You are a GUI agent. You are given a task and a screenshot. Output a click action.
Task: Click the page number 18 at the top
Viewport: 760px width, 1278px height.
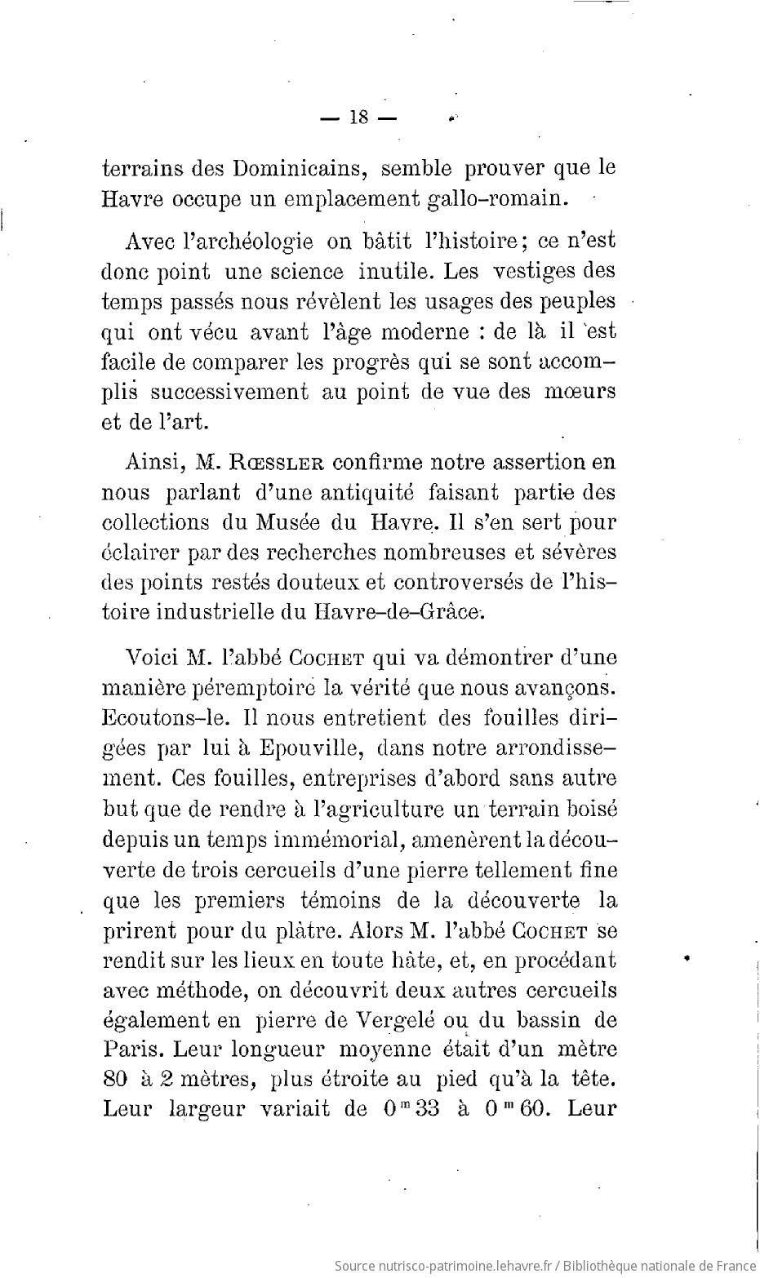pyautogui.click(x=358, y=117)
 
